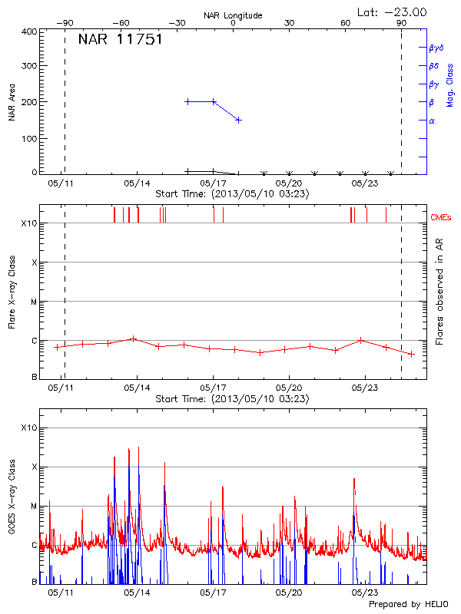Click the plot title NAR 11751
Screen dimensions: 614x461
120,40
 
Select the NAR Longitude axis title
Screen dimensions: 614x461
233,15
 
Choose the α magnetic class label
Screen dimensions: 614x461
432,120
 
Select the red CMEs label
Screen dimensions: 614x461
441,217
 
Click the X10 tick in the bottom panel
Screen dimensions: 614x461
29,427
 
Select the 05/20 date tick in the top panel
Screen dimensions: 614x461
289,184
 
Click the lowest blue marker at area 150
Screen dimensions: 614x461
239,120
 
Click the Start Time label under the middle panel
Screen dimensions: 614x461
232,399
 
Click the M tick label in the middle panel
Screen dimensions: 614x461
33,302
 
